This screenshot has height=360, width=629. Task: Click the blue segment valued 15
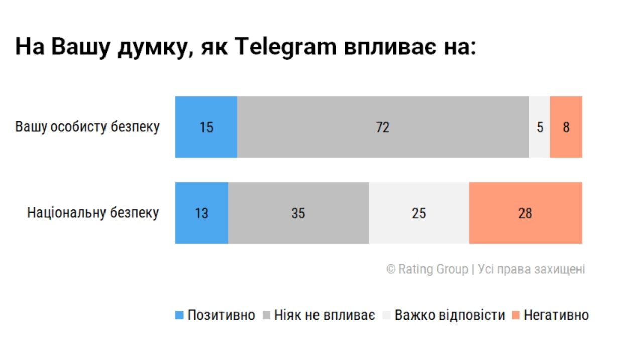tap(206, 127)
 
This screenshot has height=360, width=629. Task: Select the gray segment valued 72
tap(383, 127)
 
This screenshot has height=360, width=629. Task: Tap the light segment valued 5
tap(540, 127)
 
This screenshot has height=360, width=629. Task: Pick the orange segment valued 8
tap(566, 127)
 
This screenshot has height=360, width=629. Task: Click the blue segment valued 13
tap(201, 213)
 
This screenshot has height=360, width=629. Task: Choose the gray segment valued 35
tap(298, 213)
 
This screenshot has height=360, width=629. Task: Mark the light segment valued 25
tap(419, 213)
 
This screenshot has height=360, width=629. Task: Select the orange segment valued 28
tap(526, 213)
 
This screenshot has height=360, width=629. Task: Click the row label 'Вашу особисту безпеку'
tap(87, 127)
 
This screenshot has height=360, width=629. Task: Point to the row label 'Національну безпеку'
tap(93, 213)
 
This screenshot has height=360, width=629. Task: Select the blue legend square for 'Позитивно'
tap(180, 316)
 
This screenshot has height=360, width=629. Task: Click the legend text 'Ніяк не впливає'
tap(325, 316)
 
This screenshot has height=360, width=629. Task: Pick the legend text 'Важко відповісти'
tap(450, 316)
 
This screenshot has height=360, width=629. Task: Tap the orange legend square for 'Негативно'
tap(515, 316)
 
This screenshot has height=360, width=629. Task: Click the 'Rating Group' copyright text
tap(433, 269)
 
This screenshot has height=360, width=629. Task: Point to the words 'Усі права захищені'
tap(532, 269)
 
